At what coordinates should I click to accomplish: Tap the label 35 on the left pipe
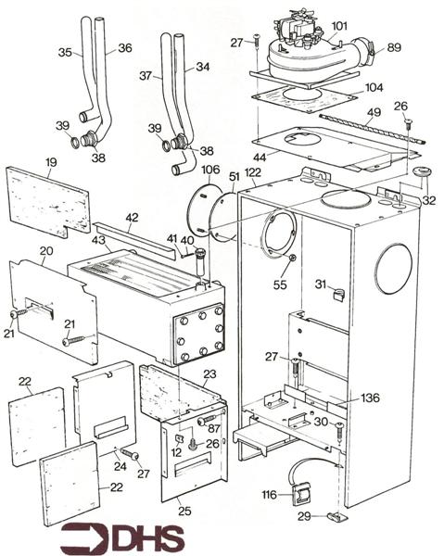[x=65, y=53]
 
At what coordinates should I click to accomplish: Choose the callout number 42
[x=132, y=218]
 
